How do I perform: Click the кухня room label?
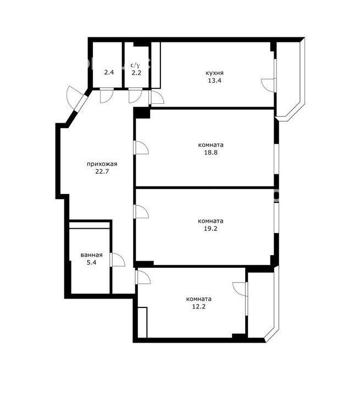tap(214, 73)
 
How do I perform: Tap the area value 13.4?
tap(214, 80)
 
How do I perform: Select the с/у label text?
tap(135, 65)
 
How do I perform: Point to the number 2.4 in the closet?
tap(109, 72)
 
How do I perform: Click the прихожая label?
tap(102, 164)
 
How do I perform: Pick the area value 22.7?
tap(102, 172)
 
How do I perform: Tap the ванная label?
tap(91, 255)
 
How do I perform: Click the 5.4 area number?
tap(91, 263)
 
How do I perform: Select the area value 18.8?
tap(211, 152)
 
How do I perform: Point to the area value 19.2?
tap(211, 229)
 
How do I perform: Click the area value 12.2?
tap(199, 307)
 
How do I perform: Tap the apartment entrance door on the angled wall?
tap(75, 98)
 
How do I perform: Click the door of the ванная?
tap(117, 260)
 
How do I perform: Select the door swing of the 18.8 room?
tap(141, 148)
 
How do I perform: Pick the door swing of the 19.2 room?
tap(141, 212)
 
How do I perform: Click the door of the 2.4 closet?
tap(107, 96)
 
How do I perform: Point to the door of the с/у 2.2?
tap(135, 96)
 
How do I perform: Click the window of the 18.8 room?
tap(276, 159)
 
